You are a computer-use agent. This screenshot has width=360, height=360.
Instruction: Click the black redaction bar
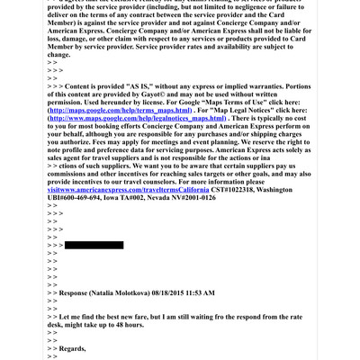[x=94, y=245]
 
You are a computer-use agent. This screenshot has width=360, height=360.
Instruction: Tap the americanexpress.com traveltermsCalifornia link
[x=135, y=188]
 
